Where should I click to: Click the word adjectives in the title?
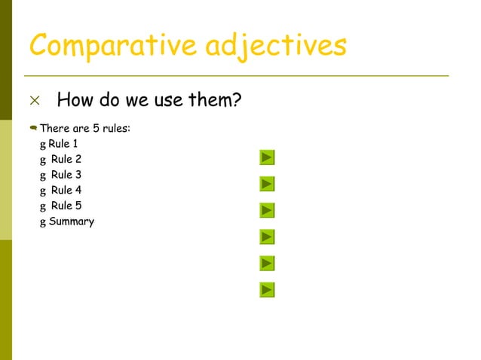click(274, 47)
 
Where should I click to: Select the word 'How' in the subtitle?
click(74, 99)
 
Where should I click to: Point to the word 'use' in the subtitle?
click(167, 101)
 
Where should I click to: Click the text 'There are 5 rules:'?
click(84, 128)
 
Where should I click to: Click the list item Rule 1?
click(63, 143)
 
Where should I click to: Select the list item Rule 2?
click(66, 159)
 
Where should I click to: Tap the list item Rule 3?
click(66, 175)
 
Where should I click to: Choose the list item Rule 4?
click(66, 191)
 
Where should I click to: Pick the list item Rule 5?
click(66, 206)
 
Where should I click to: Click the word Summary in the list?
click(71, 221)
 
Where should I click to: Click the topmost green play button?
click(267, 157)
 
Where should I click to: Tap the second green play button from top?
click(267, 183)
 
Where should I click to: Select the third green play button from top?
click(267, 210)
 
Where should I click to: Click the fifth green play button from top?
click(267, 263)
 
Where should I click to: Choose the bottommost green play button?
click(267, 289)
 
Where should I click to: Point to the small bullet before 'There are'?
click(34, 127)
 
